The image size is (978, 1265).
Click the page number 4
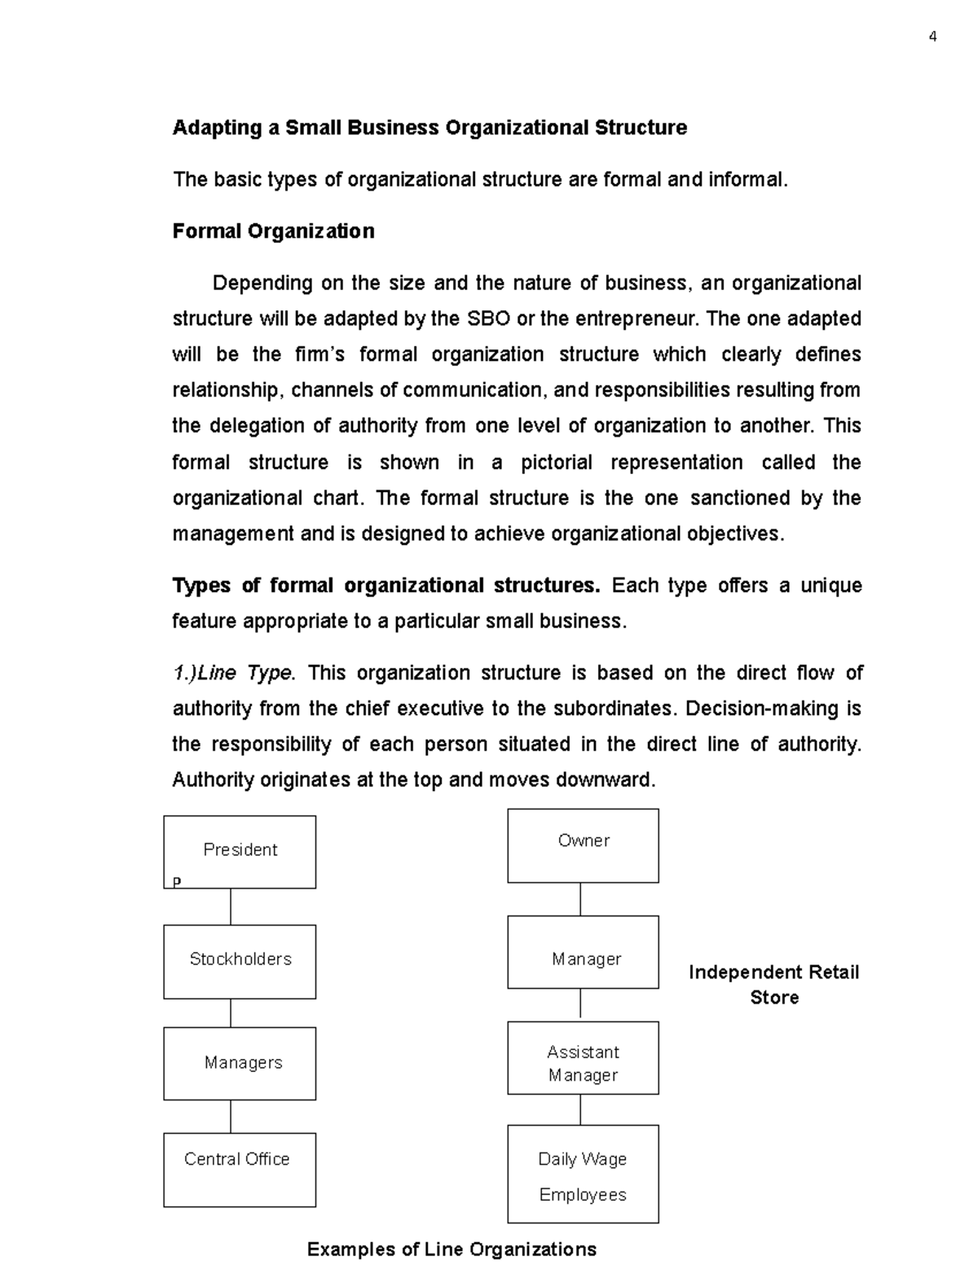point(932,37)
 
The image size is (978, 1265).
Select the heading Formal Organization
point(273,231)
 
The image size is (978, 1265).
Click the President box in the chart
point(240,851)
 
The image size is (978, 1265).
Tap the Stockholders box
point(240,960)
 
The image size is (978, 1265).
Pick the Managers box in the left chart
point(240,1063)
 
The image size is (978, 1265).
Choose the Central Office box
point(240,1169)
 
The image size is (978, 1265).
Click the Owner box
point(583,845)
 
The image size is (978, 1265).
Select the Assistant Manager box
point(583,1057)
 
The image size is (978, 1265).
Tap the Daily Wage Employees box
point(583,1174)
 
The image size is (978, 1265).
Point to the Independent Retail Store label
point(773,984)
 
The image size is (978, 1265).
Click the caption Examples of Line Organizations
point(452,1249)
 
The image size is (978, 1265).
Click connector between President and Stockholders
point(231,906)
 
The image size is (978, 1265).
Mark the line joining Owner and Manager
point(580,899)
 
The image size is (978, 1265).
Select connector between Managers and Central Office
point(231,1116)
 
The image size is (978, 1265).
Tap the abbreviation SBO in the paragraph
point(489,318)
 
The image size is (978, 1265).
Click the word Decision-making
point(751,709)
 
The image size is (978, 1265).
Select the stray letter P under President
point(177,881)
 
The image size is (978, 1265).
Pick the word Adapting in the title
point(217,128)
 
